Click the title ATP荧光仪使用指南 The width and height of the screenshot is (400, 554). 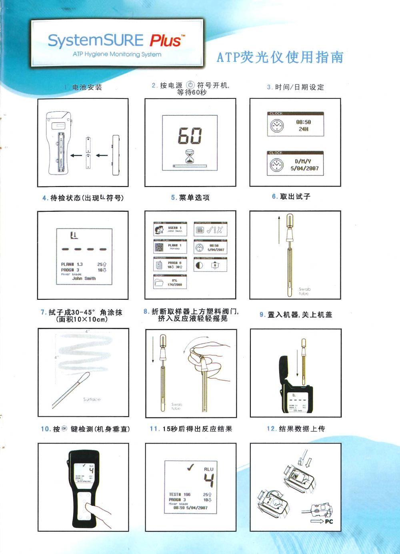(x=280, y=57)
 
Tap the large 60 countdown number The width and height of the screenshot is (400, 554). (x=190, y=136)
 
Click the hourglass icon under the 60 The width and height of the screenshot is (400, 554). (x=190, y=156)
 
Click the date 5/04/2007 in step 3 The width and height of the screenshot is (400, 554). (x=304, y=169)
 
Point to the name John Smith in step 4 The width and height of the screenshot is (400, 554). (x=84, y=278)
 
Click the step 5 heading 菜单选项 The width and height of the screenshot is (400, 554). (x=194, y=197)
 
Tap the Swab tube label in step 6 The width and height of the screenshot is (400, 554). (x=304, y=291)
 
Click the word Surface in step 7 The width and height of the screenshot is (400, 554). (x=92, y=399)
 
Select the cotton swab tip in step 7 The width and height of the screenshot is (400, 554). (x=84, y=378)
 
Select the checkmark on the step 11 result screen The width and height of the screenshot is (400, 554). (x=191, y=467)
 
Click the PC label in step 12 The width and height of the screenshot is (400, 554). (x=329, y=521)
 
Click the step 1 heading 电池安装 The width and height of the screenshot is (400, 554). (x=87, y=87)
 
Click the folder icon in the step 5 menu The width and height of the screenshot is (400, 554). (x=159, y=283)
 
